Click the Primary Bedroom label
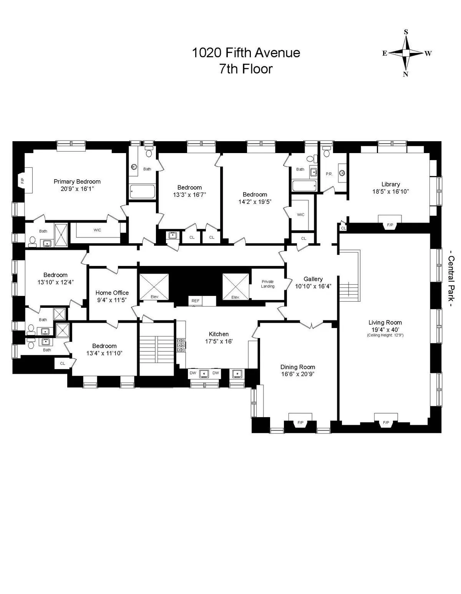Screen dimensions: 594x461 (77, 181)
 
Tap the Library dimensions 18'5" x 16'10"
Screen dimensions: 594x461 (390, 191)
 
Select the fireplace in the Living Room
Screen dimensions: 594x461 (386, 422)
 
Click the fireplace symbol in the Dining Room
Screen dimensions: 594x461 (300, 422)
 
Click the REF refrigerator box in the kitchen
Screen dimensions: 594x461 (196, 301)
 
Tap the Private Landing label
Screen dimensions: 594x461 (268, 284)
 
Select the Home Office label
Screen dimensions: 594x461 (112, 293)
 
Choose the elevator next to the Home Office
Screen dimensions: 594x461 (154, 287)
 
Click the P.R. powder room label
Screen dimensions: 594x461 (329, 174)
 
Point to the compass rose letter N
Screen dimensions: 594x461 (405, 74)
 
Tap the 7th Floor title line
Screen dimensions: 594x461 (245, 69)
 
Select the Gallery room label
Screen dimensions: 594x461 (313, 279)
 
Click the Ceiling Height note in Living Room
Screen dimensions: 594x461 (385, 335)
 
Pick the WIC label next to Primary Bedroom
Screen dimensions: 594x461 (97, 230)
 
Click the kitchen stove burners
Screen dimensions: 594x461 (181, 345)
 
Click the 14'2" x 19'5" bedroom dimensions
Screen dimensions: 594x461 (255, 201)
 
